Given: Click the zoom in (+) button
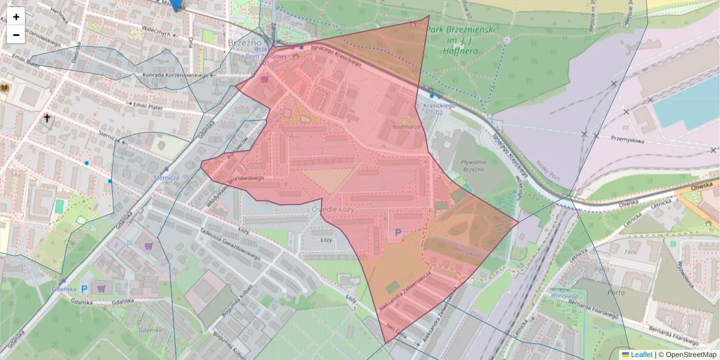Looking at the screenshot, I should (16, 17).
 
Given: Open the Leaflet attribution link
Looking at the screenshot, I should (641, 355).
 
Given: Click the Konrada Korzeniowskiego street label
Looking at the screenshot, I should (174, 76).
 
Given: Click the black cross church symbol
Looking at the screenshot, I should (47, 119).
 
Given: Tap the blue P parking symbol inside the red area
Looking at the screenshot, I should (397, 232).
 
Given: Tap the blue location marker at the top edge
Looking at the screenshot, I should (175, 5).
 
